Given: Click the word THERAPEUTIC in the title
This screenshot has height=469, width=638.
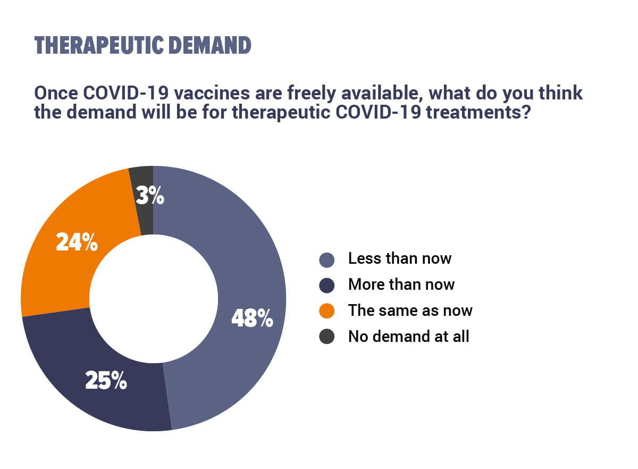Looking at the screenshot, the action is coord(99,45).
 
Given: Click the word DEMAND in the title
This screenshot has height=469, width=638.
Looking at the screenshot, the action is coord(210,45).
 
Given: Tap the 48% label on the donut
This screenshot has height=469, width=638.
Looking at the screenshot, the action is coord(253,318).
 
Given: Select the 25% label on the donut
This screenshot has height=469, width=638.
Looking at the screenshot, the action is coord(106,380).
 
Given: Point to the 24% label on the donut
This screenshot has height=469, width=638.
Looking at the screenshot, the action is coord(77,242).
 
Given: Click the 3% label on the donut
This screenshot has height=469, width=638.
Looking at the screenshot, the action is coord(150,195).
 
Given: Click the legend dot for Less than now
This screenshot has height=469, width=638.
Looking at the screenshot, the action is coord(326,260).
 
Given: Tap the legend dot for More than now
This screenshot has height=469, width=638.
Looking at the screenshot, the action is coord(326,286).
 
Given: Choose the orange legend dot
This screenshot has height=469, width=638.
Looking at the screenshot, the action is coord(326,311).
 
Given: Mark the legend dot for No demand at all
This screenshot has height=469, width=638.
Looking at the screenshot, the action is coord(326,337).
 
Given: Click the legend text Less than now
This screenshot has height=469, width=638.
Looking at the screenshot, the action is coord(400,258).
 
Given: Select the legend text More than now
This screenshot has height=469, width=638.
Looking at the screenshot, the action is coord(401,284).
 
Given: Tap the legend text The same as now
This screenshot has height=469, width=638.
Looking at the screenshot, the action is coord(410,311).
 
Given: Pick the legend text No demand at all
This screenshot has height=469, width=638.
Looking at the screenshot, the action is coord(408,336).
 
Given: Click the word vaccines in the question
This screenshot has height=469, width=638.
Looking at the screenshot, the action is coord(212,93).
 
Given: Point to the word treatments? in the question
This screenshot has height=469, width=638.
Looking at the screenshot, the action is coord(478,112).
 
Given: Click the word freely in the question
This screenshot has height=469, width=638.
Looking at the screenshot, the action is coord(312,94).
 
